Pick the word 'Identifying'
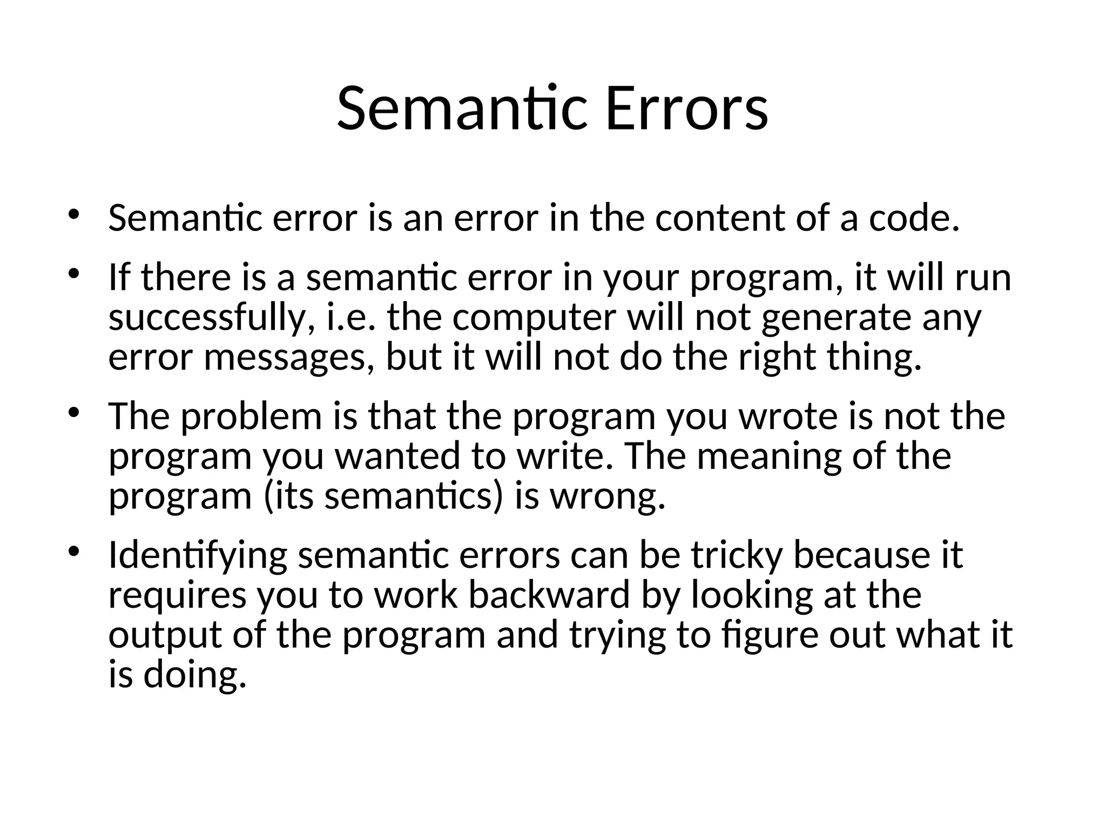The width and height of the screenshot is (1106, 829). (198, 556)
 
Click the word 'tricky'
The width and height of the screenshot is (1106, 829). (737, 556)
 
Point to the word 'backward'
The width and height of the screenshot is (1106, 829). (549, 595)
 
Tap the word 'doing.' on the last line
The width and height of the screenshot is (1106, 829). (195, 676)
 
